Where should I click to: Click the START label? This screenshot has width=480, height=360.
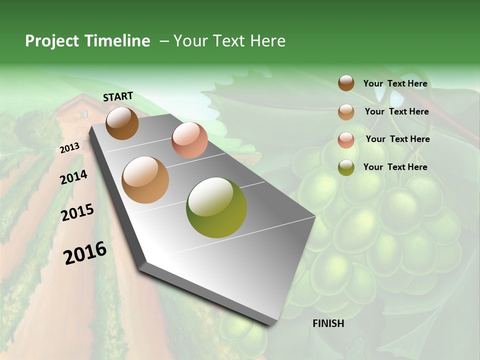click(118, 96)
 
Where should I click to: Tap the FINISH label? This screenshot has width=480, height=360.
click(328, 323)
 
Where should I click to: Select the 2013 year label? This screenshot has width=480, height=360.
click(69, 148)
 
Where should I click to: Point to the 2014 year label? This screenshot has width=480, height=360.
click(73, 177)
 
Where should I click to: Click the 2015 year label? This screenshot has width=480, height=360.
click(77, 213)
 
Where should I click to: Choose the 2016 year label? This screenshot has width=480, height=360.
click(85, 253)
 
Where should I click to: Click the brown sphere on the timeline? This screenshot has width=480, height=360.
click(122, 123)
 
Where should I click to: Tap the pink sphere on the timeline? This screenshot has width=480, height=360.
click(189, 140)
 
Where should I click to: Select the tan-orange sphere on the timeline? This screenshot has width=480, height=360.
click(145, 180)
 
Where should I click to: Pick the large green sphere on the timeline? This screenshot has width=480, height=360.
click(216, 207)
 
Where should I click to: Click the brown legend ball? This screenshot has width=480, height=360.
click(346, 83)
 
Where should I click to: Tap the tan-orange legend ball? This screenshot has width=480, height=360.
click(346, 112)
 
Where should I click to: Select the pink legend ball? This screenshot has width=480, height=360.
click(346, 140)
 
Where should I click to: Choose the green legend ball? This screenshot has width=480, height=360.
click(346, 167)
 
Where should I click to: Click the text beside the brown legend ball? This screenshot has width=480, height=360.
click(395, 84)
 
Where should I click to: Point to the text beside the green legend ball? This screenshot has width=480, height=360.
click(395, 167)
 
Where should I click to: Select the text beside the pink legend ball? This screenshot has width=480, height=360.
click(397, 139)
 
